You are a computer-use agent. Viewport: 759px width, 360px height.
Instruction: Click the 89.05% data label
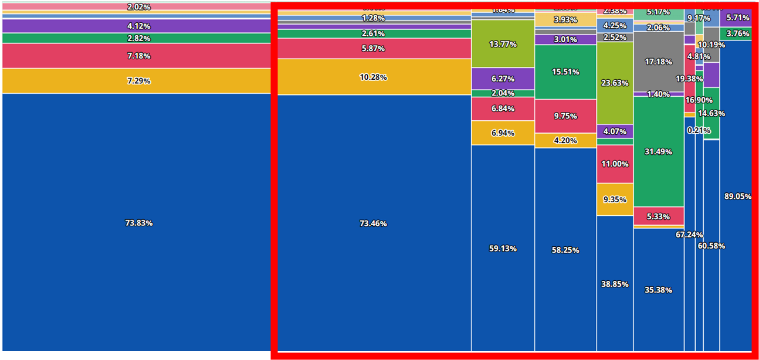pyautogui.click(x=737, y=196)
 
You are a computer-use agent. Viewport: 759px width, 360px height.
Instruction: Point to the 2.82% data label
pyautogui.click(x=138, y=38)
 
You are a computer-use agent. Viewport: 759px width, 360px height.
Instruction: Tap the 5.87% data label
pyautogui.click(x=373, y=49)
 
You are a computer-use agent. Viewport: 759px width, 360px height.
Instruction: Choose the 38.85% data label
pyautogui.click(x=615, y=284)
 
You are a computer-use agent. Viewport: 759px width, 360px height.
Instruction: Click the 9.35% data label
pyautogui.click(x=615, y=199)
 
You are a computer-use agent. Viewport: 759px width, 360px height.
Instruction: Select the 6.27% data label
pyautogui.click(x=503, y=78)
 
